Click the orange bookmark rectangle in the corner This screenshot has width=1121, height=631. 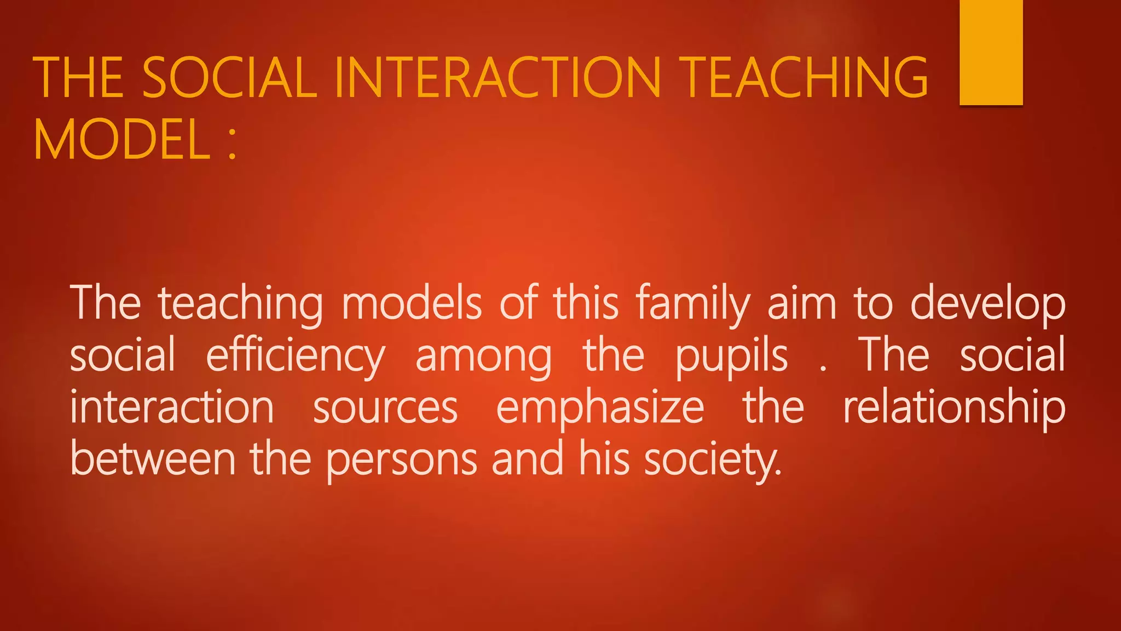(991, 52)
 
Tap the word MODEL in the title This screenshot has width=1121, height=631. (122, 140)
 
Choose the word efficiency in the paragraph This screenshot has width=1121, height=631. (296, 356)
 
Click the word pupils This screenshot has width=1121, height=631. (731, 356)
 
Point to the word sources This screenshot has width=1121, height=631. (385, 409)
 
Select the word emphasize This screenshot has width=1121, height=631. (600, 409)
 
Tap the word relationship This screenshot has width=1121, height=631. (954, 408)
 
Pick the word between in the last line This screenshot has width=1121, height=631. (153, 459)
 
